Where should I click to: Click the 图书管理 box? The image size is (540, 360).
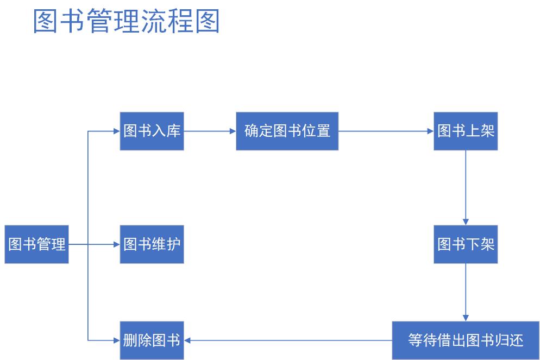pos(37,244)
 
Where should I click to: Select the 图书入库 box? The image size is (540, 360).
pos(152,131)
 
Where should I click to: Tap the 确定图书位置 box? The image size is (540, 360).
pos(287,131)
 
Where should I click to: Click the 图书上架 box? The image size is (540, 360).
pos(466,131)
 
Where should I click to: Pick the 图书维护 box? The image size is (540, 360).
pos(152,244)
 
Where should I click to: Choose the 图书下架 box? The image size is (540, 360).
pos(466,244)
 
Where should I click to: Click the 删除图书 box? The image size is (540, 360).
pos(152,340)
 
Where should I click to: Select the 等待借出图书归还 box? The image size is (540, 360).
pos(466,340)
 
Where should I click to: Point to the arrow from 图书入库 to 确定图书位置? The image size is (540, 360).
pos(209,131)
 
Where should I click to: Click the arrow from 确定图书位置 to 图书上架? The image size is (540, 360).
pos(386,131)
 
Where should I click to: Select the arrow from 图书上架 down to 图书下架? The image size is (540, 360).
pos(466,187)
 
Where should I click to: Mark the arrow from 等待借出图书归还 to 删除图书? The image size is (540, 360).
pos(288,340)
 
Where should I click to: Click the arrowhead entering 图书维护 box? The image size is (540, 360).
pos(116,244)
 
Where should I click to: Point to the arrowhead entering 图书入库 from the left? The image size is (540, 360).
pos(116,131)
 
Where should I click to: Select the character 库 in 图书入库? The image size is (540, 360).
pos(173,131)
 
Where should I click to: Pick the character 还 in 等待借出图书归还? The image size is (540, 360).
pos(516,340)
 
